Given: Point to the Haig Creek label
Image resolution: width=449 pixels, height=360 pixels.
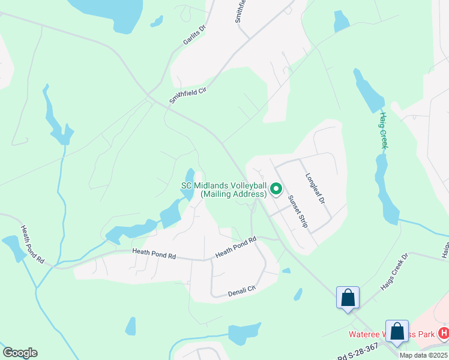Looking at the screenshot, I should click(385, 130).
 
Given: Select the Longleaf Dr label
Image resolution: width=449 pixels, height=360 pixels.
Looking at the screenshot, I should click(315, 188).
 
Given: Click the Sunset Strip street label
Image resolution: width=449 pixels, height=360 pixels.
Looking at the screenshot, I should click(297, 212).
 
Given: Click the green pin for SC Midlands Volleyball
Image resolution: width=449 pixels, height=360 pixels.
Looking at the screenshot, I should click(276, 190).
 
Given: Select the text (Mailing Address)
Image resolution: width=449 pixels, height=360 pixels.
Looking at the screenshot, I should click(234, 194).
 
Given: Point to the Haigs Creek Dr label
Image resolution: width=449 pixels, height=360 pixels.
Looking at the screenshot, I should click(394, 272).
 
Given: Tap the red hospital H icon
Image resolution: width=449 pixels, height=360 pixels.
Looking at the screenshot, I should click(444, 332).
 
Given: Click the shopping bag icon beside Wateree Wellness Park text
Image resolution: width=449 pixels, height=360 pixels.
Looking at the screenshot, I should click(397, 331).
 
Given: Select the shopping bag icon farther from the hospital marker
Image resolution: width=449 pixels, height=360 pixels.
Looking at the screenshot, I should click(348, 297).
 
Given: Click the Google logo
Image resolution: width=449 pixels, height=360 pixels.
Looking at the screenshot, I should click(20, 353).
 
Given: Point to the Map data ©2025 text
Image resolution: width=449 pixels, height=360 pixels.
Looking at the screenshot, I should click(423, 355).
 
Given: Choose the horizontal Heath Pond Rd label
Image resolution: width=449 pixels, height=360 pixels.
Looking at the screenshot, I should click(154, 255).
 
